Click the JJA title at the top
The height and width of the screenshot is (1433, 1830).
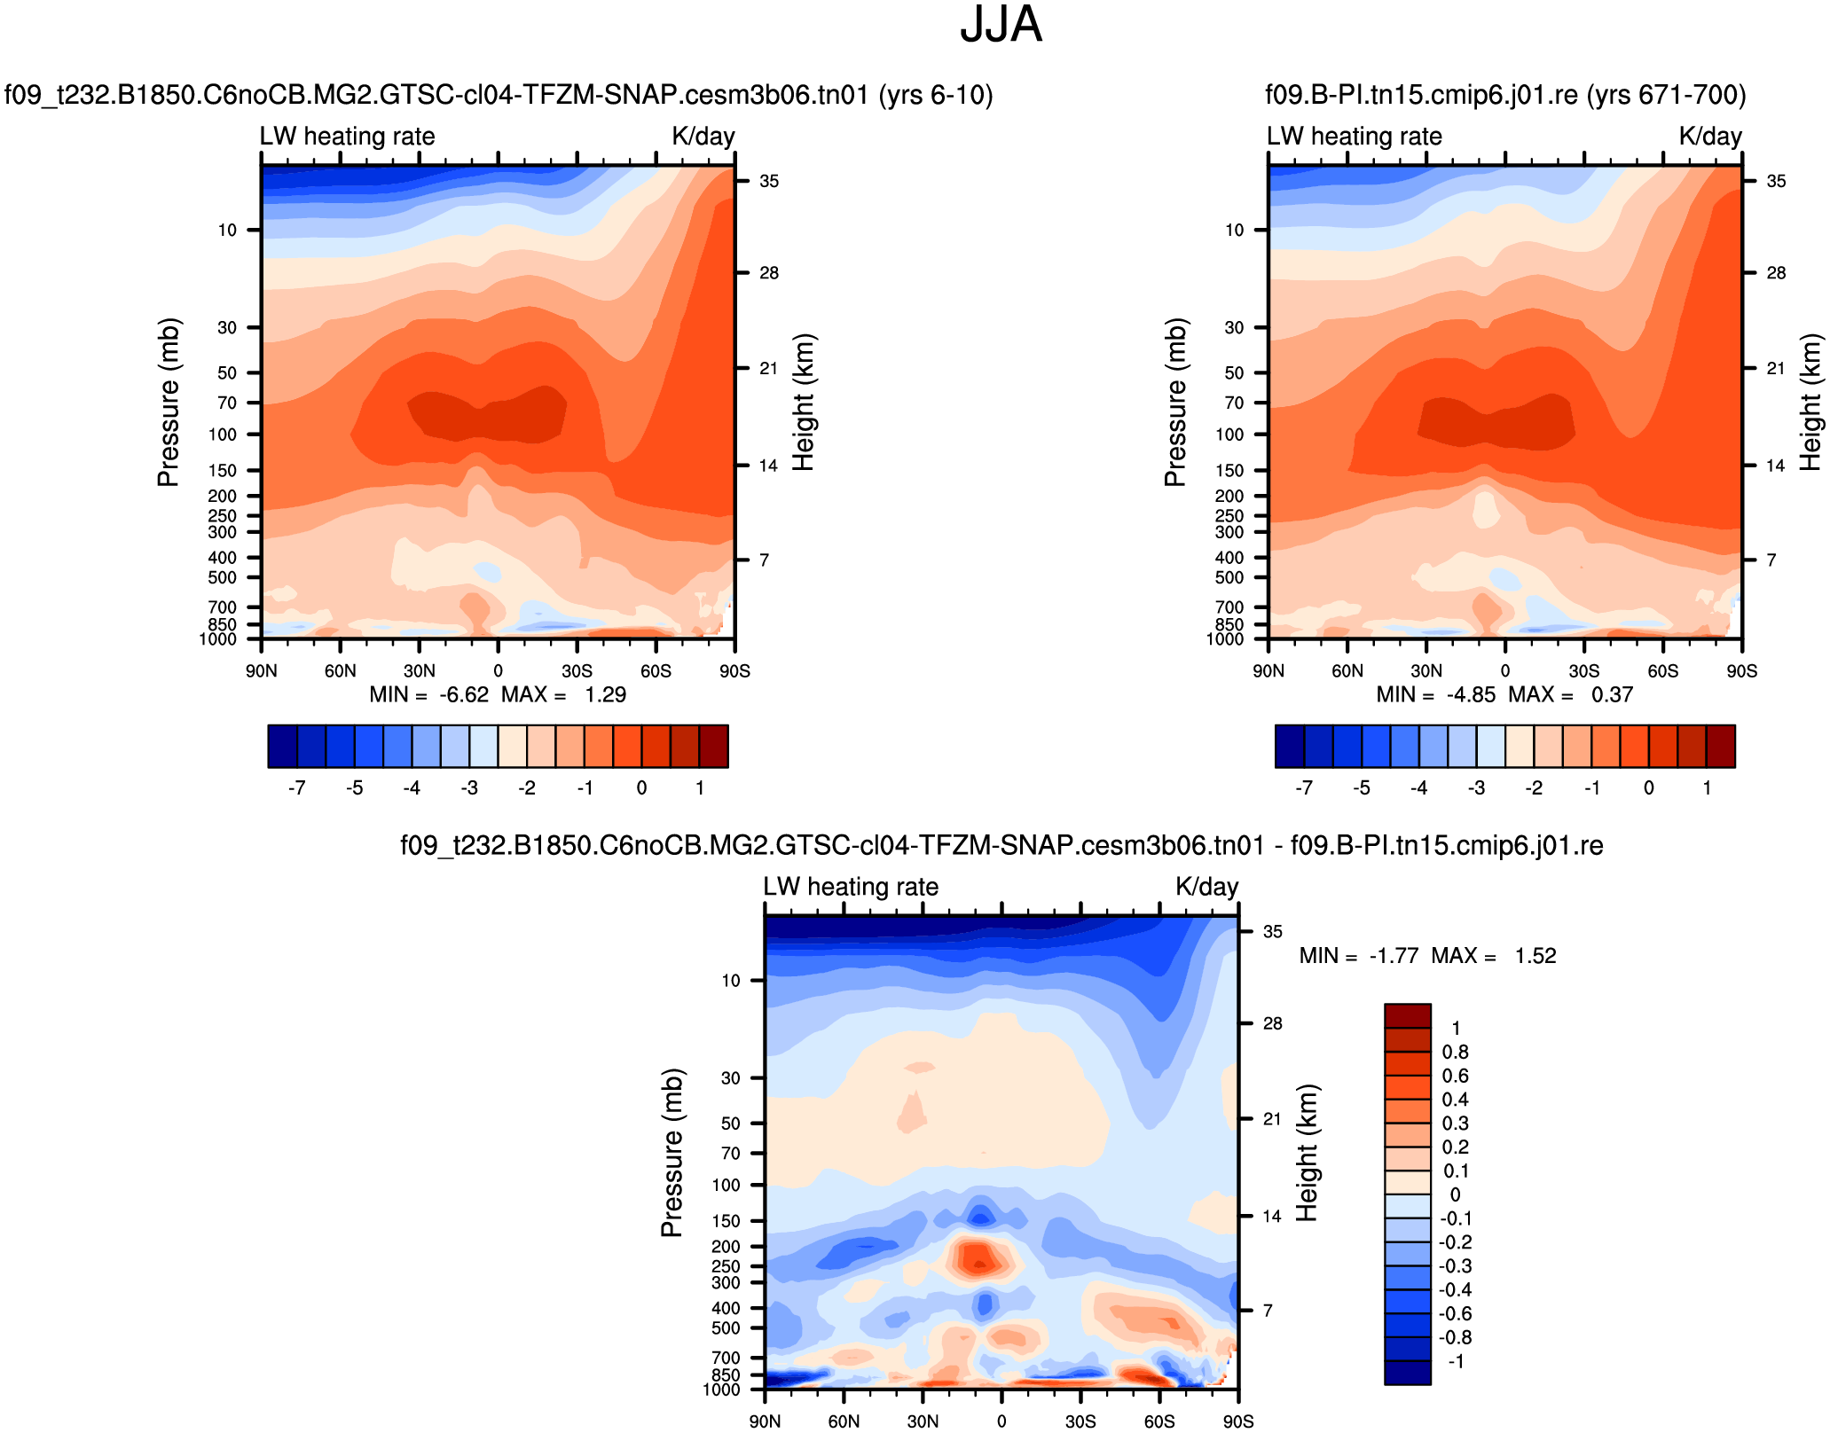[1001, 25]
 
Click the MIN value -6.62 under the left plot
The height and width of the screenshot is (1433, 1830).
[464, 694]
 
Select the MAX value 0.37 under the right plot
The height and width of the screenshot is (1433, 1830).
[1612, 694]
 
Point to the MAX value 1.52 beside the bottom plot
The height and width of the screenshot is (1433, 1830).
[1535, 956]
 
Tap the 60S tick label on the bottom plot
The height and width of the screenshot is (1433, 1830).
[1159, 1421]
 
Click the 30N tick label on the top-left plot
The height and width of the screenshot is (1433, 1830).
[420, 671]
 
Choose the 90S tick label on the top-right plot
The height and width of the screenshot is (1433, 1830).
[1741, 671]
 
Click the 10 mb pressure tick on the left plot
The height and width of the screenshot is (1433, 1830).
[228, 231]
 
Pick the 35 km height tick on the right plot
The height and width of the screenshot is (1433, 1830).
[1776, 182]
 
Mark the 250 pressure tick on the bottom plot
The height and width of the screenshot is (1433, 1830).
[726, 1266]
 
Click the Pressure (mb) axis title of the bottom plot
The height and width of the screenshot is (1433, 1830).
[672, 1153]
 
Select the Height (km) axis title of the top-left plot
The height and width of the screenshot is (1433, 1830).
[803, 403]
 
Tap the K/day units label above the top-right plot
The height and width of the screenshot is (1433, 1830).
[1710, 137]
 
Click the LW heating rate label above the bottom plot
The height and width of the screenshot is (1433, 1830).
[851, 887]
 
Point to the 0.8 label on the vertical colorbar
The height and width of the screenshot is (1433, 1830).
[1455, 1053]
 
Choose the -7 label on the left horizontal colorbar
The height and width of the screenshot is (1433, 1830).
[297, 788]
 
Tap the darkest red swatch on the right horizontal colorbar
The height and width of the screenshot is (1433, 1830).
[1721, 746]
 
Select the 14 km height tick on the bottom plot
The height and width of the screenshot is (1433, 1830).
[1272, 1217]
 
